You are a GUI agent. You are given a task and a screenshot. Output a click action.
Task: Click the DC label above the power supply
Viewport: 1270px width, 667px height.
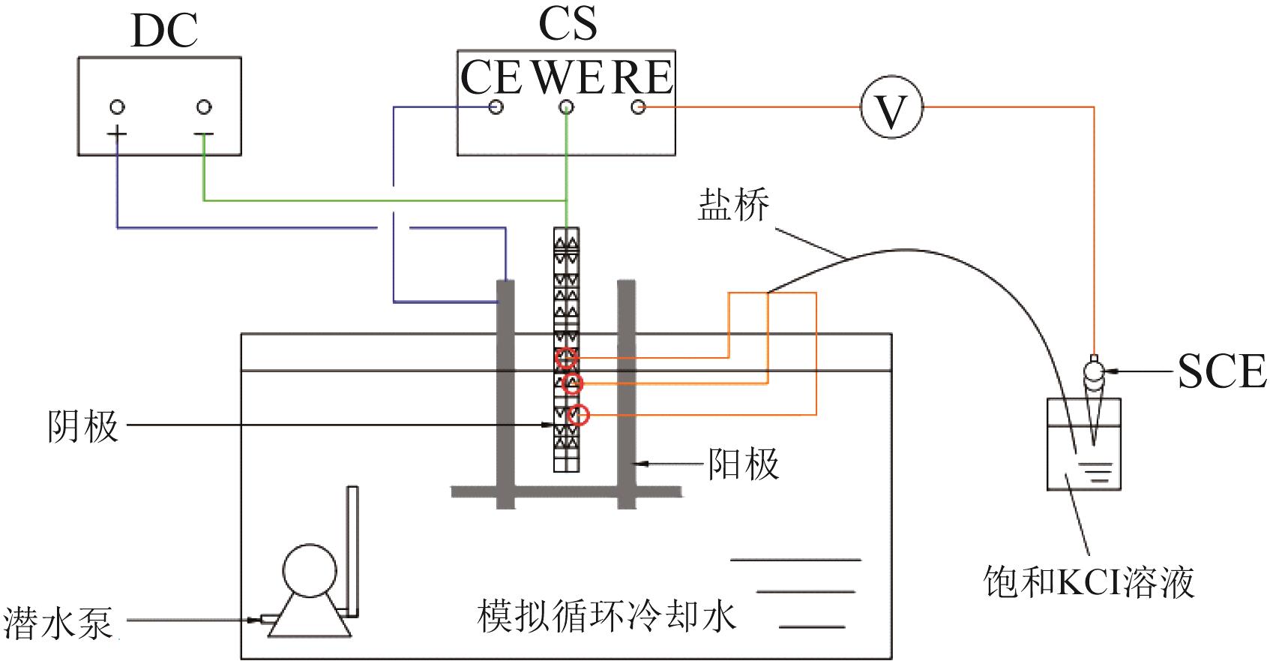pyautogui.click(x=164, y=31)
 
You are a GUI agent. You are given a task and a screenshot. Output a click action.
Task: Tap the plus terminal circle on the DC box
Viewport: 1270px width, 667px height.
pyautogui.click(x=117, y=107)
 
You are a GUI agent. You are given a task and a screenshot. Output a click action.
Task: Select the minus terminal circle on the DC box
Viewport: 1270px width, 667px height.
pyautogui.click(x=204, y=107)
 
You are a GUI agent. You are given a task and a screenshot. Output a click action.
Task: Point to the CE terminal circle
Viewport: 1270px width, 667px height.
pyautogui.click(x=496, y=107)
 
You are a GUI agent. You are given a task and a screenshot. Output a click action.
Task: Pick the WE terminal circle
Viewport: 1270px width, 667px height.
pyautogui.click(x=567, y=107)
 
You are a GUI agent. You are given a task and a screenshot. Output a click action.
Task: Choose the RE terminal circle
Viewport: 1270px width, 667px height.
pyautogui.click(x=638, y=107)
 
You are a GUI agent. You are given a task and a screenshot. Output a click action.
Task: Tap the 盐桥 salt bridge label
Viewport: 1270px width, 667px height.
pyautogui.click(x=733, y=204)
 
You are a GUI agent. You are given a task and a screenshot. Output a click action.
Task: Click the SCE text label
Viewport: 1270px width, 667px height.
pyautogui.click(x=1222, y=371)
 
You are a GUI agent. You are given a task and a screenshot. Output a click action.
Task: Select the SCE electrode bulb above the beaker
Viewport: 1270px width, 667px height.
pyautogui.click(x=1095, y=371)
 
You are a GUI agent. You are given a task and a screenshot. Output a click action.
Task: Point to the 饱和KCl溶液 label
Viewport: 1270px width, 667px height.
pyautogui.click(x=1089, y=581)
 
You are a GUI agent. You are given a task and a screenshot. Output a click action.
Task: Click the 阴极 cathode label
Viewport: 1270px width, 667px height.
pyautogui.click(x=83, y=426)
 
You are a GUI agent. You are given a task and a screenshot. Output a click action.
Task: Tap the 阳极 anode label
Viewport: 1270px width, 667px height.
pyautogui.click(x=744, y=464)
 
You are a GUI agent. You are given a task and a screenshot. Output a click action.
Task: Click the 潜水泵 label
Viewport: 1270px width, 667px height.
pyautogui.click(x=58, y=622)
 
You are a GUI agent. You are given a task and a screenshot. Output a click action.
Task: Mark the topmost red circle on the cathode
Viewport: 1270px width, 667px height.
pyautogui.click(x=566, y=359)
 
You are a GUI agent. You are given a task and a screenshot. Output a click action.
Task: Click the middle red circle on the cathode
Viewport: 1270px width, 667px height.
pyautogui.click(x=573, y=383)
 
